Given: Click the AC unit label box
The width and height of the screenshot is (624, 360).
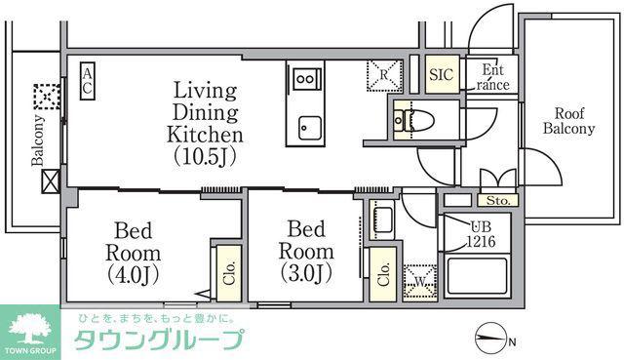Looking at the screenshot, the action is [x=88, y=81].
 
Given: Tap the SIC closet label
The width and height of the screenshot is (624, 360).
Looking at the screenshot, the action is [x=442, y=74].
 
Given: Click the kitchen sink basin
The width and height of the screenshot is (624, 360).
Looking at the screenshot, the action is [x=310, y=128].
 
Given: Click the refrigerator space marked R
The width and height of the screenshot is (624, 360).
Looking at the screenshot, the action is [x=383, y=75].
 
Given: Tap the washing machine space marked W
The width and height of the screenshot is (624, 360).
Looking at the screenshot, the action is [x=420, y=282].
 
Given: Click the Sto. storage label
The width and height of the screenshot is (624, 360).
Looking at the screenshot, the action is [x=498, y=201].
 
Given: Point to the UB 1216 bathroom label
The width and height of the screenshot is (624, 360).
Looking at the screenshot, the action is [x=481, y=234].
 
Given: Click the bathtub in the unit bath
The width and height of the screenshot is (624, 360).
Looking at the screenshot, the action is [x=477, y=275].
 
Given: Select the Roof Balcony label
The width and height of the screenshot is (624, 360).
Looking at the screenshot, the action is [x=569, y=121].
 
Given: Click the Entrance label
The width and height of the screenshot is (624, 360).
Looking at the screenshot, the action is [x=493, y=77].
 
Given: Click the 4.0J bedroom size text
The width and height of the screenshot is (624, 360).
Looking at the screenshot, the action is [x=134, y=275].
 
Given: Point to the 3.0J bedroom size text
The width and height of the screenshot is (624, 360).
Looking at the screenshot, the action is [x=306, y=273].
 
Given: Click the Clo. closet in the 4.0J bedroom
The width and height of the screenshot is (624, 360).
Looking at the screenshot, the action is [x=229, y=273].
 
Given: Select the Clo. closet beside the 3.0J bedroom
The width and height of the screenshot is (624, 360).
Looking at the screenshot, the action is [x=383, y=274].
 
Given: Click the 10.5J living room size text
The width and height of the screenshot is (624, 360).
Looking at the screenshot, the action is [x=205, y=156].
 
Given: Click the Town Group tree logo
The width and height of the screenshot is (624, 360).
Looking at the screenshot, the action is [x=30, y=329].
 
